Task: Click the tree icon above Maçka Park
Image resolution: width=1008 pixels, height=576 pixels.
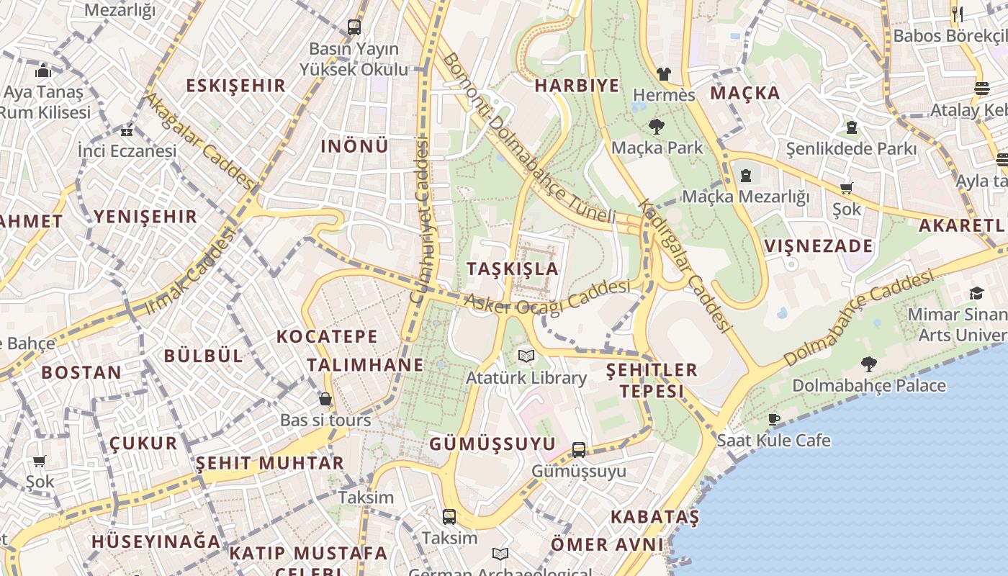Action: pos(656,127)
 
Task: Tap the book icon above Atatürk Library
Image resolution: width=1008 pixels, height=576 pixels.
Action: pos(526,356)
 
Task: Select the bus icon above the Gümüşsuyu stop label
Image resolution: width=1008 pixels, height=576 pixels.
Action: pos(579,450)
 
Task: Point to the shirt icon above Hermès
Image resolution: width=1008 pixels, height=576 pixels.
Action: pos(663,73)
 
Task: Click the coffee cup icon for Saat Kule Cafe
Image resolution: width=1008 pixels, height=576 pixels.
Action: pos(774,419)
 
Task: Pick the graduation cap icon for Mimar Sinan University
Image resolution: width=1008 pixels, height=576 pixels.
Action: pos(976,293)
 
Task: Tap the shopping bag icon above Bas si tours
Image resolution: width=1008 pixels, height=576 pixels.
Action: pos(325,399)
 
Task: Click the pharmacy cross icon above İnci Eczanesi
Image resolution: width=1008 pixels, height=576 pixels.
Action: pos(127,131)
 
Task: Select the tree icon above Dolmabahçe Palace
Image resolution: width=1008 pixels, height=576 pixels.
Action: pos(869,364)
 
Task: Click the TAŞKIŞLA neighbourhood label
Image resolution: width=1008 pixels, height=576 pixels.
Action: pos(512,269)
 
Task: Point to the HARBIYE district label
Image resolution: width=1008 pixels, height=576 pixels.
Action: pos(577,86)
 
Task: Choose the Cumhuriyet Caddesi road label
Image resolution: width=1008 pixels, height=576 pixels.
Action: pos(419,220)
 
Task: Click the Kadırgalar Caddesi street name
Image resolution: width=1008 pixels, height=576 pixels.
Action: pos(684,265)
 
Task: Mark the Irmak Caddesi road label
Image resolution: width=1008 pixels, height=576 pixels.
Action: pos(191,271)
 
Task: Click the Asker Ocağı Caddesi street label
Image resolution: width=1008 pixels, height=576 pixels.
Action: pos(547,297)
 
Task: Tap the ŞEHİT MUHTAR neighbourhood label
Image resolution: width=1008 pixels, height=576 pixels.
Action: pos(270,463)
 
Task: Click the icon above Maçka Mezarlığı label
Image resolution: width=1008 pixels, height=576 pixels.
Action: pos(745,175)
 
